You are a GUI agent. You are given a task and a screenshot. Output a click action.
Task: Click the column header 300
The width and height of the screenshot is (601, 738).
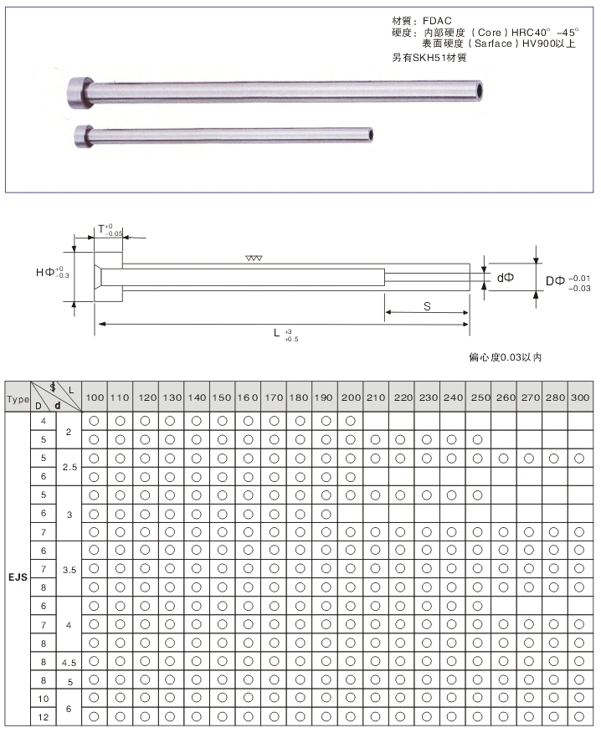tap(580, 397)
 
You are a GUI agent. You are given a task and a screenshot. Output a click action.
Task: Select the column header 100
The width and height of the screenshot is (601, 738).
tap(95, 397)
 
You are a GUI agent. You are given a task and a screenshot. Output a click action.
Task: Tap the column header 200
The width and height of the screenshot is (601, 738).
tap(351, 397)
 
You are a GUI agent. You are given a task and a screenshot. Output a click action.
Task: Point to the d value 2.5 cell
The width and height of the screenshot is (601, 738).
tap(69, 468)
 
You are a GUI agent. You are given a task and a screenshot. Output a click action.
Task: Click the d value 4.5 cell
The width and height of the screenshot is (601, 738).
tap(69, 663)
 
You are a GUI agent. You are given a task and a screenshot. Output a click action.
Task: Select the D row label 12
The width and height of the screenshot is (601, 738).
tap(44, 717)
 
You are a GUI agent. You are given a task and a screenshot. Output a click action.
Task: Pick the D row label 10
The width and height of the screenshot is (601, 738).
tap(44, 699)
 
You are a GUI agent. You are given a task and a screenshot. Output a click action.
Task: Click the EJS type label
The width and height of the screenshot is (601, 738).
tap(18, 577)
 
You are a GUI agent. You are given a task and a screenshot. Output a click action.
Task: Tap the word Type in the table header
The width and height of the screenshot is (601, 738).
tap(18, 400)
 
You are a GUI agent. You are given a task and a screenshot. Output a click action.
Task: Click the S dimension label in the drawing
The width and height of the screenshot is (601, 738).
tap(427, 306)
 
